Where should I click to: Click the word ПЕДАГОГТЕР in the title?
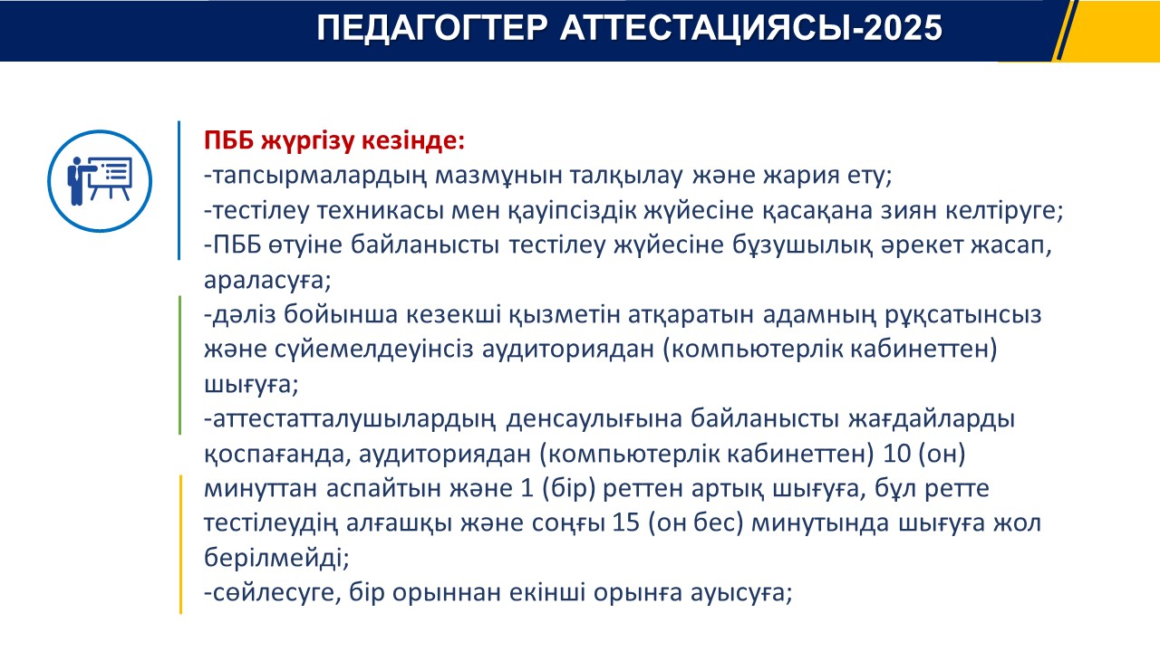tap(432, 27)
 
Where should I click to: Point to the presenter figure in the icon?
tap(78, 180)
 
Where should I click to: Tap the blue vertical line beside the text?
tap(179, 190)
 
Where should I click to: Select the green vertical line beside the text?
tap(179, 365)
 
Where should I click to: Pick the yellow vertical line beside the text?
tap(180, 544)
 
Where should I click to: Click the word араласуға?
tap(267, 281)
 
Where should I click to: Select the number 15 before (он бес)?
tap(626, 523)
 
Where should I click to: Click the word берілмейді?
tap(276, 559)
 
